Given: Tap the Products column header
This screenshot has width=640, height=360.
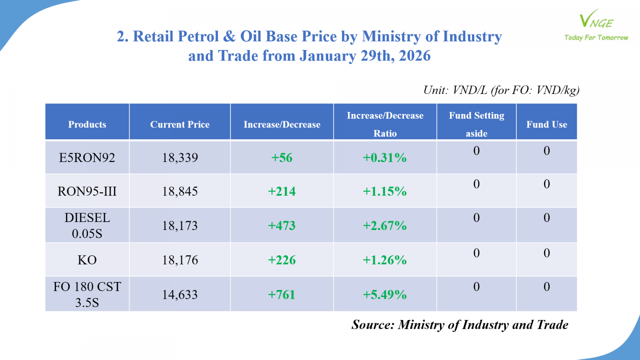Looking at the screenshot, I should click(87, 124).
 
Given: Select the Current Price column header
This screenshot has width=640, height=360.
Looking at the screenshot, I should click(180, 124).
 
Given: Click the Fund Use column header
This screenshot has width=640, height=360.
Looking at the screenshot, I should click(546, 124).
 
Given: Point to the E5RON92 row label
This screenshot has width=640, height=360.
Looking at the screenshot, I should click(87, 158).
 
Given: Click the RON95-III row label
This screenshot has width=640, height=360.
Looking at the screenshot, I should click(87, 191).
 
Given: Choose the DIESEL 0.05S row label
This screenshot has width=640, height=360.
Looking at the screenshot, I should click(87, 225).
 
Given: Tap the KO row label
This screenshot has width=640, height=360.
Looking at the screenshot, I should click(87, 260).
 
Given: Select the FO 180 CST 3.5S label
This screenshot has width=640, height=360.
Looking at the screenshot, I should click(87, 294).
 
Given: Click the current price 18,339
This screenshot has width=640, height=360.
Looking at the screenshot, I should click(180, 158).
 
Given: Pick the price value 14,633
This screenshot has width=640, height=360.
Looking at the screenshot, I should click(180, 295).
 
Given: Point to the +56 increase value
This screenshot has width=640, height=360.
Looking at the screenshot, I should click(282, 158).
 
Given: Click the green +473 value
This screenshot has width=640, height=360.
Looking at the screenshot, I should click(282, 226).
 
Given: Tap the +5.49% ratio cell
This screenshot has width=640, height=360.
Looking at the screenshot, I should click(384, 295).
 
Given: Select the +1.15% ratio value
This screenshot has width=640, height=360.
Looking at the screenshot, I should click(384, 191).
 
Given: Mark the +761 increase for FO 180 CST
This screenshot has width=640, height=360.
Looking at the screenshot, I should click(282, 295).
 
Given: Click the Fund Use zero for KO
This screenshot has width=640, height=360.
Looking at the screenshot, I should click(546, 253).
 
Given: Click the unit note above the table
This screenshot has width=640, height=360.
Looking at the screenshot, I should click(501, 90).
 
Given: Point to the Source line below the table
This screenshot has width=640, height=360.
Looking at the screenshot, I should click(460, 324).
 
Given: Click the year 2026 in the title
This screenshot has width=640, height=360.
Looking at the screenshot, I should click(415, 56).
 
